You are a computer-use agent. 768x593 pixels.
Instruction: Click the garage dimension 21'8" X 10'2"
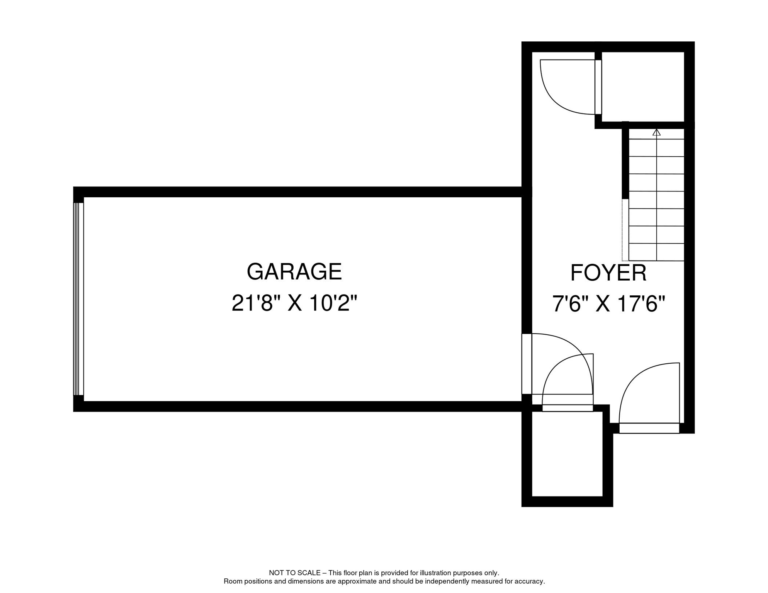[x=294, y=303]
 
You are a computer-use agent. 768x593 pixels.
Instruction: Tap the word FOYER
[x=608, y=273]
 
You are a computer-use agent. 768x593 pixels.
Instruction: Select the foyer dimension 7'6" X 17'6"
[x=608, y=304]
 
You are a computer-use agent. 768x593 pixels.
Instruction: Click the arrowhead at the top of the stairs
[x=656, y=132]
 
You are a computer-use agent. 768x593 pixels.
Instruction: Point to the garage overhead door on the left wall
[x=78, y=299]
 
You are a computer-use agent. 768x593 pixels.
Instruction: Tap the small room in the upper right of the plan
[x=643, y=86]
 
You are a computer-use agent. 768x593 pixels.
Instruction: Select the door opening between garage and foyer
[x=527, y=364]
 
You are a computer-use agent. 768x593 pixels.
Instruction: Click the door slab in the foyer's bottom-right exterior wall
[x=649, y=428]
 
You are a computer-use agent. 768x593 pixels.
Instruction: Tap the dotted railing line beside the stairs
[x=625, y=230]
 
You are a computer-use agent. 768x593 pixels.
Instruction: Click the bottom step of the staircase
[x=656, y=252]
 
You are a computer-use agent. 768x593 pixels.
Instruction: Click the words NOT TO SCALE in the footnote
[x=294, y=573]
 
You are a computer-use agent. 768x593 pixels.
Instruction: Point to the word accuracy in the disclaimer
[x=531, y=581]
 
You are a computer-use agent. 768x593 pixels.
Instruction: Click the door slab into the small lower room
[x=567, y=408]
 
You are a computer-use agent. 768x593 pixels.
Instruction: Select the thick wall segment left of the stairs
[x=625, y=162]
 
